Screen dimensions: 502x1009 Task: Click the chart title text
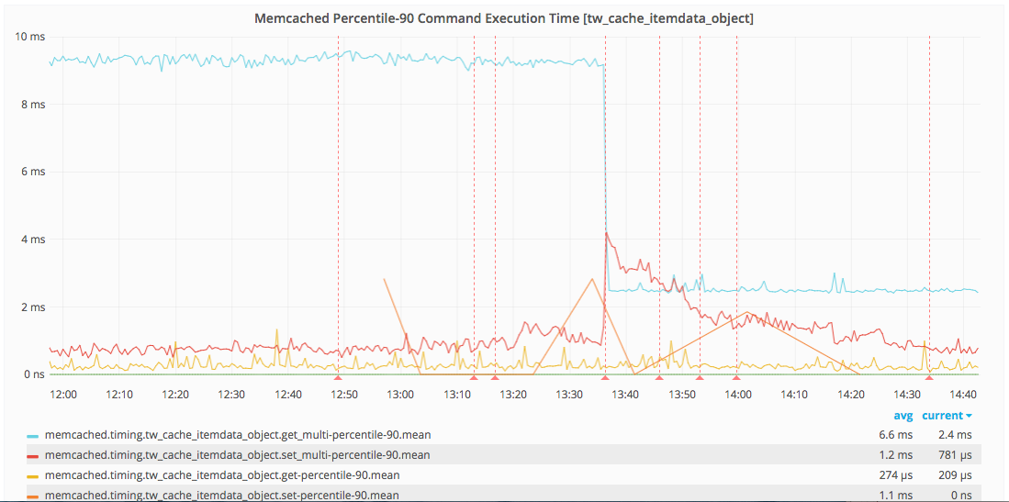[504, 18]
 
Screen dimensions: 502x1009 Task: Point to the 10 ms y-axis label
[30, 37]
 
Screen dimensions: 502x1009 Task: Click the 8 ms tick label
[33, 105]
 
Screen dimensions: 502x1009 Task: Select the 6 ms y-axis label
[33, 172]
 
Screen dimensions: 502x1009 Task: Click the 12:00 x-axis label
[62, 395]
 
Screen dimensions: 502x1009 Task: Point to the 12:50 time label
[343, 395]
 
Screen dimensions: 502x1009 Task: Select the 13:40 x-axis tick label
[624, 395]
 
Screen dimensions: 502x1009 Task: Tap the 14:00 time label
[737, 395]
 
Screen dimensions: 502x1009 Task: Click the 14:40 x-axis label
[962, 395]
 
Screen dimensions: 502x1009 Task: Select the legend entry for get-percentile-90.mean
[221, 475]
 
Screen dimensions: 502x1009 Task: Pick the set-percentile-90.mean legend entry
[221, 496]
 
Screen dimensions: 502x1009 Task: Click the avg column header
[903, 416]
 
